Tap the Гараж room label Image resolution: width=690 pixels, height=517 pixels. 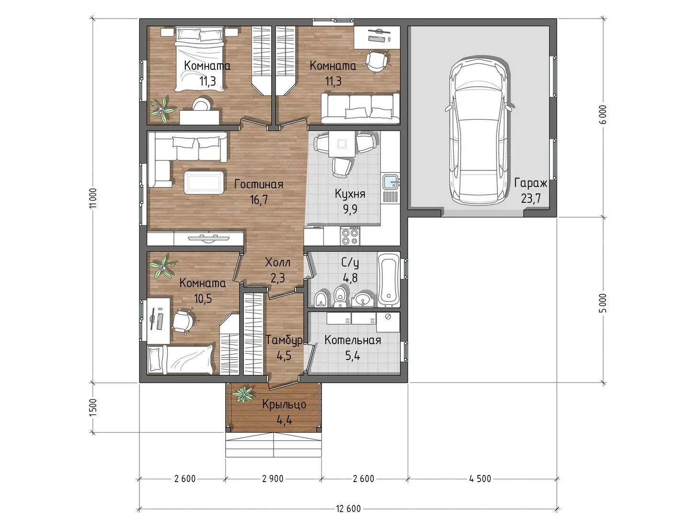point(530,183)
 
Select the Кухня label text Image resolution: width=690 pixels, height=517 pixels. point(350,194)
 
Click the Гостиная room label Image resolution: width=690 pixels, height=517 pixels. point(259,184)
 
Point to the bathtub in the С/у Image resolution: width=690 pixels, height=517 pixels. point(389,280)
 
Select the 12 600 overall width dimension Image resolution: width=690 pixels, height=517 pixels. point(348,508)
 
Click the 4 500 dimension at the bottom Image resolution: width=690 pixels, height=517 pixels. point(480,479)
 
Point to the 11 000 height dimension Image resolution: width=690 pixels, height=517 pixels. point(93,198)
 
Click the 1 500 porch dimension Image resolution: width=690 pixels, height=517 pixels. point(93,407)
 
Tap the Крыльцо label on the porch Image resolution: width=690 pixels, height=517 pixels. point(284,405)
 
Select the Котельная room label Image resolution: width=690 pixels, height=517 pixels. point(353,340)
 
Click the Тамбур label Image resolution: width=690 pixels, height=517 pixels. point(284,340)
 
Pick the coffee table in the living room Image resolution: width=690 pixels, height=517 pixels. point(205,182)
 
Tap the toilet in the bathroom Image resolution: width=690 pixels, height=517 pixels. point(339,297)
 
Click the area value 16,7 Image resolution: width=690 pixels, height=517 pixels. point(259,199)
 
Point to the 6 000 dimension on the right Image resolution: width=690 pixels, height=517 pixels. point(604,114)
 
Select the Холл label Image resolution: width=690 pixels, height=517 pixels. point(277,262)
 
